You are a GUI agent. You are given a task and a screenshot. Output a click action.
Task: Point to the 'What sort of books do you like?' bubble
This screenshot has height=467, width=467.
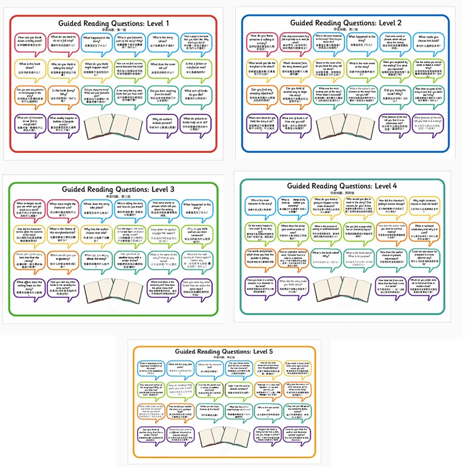[x=198, y=95]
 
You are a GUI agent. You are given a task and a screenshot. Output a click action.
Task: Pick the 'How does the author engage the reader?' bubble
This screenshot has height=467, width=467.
[x=162, y=233]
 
